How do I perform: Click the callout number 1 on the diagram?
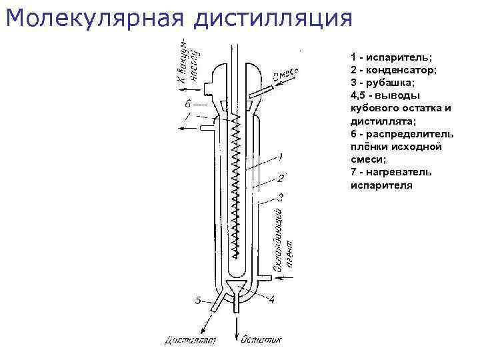[x=281, y=157]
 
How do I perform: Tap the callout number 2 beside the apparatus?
[x=281, y=178]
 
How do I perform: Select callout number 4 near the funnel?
[x=271, y=300]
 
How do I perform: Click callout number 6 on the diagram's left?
[x=188, y=104]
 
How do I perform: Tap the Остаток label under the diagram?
[x=261, y=341]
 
